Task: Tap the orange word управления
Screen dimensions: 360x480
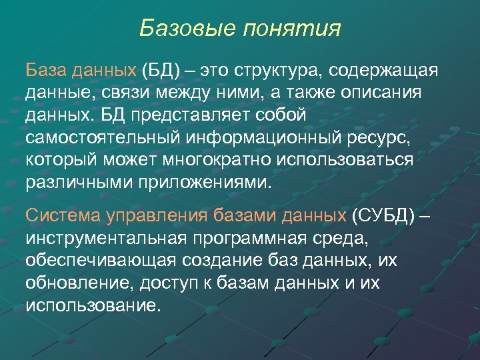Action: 157,216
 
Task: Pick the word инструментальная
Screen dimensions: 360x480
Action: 109,238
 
